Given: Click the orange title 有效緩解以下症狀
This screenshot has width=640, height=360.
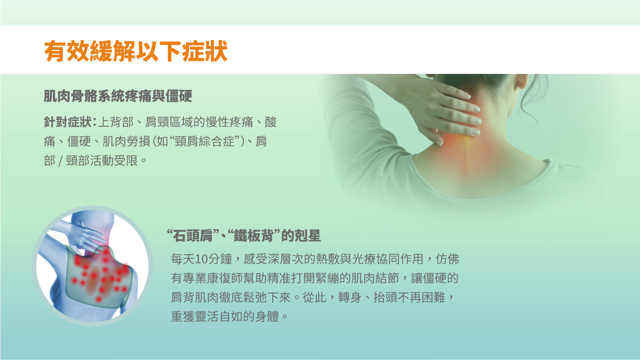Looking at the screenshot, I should coord(136,51).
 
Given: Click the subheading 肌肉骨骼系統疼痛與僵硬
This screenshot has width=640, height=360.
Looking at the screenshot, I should coord(118,96).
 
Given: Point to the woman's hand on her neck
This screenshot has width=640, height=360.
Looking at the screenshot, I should coord(450,107).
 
